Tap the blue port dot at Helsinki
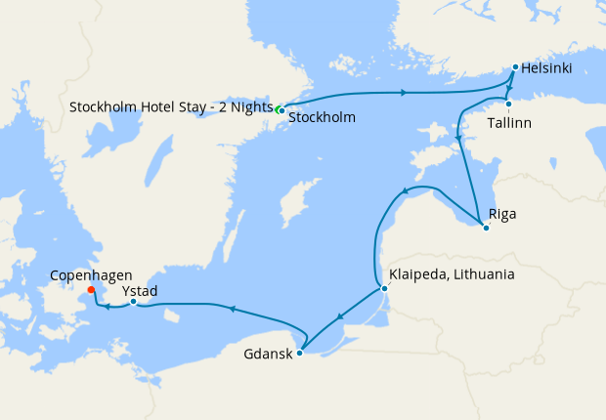(x=515, y=67)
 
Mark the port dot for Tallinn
(x=509, y=104)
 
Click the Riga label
(x=502, y=213)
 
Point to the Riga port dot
(x=486, y=228)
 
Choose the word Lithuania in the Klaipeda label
(x=483, y=275)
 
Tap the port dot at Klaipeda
(x=384, y=288)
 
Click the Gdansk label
(x=267, y=354)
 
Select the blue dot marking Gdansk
(x=300, y=353)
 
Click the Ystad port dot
(x=133, y=301)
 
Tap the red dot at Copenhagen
(x=91, y=289)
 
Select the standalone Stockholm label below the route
(x=322, y=117)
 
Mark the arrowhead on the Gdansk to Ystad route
(x=231, y=309)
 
